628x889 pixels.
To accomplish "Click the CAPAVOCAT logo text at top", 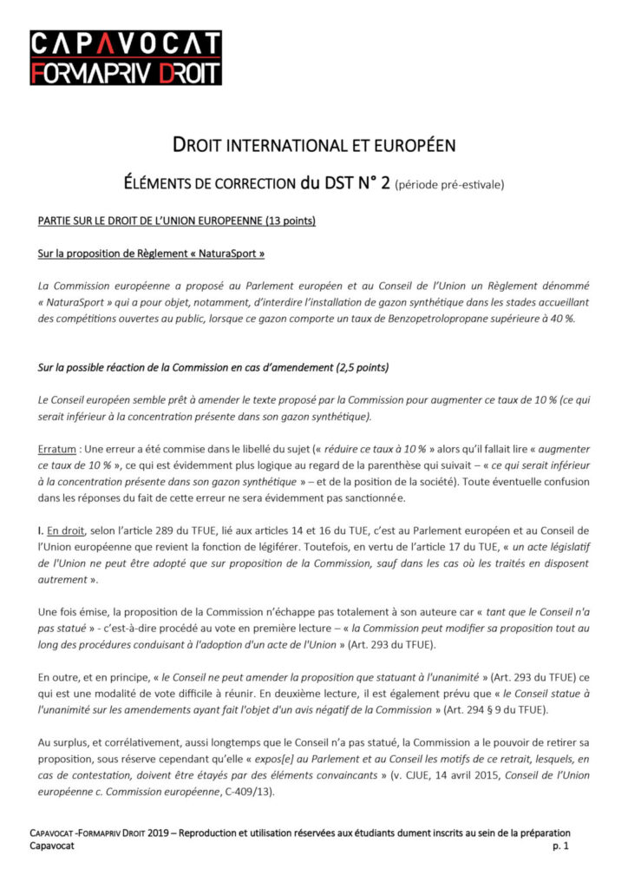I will (126, 44).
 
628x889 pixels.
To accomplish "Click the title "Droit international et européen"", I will (312, 145).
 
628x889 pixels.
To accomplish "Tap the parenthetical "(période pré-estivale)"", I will (448, 185).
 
